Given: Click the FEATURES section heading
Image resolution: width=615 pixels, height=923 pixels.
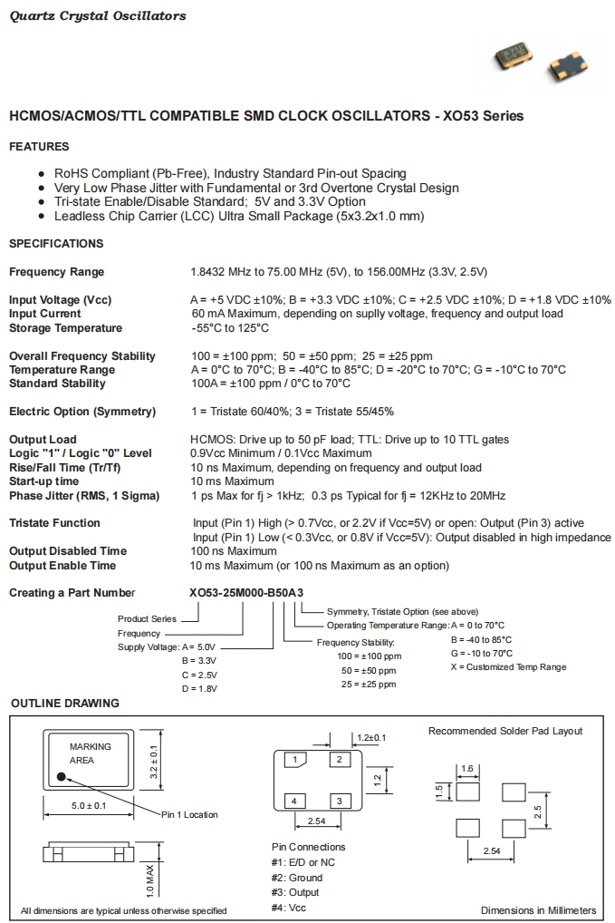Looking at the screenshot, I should (x=39, y=147).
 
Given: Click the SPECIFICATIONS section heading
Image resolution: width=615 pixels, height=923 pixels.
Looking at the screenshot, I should (x=56, y=244).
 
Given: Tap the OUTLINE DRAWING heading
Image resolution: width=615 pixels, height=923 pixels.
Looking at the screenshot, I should (x=64, y=704).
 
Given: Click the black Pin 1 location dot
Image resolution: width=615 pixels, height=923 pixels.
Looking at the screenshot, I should (x=62, y=776).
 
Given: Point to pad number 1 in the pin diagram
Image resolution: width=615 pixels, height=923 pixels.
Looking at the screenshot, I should (x=294, y=760).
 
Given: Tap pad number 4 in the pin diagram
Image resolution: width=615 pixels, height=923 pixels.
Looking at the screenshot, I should (x=294, y=801).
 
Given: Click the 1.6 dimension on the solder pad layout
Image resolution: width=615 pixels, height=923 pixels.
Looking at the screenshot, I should (x=467, y=769).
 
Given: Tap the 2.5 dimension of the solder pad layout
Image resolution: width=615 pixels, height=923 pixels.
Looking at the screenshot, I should (x=537, y=809).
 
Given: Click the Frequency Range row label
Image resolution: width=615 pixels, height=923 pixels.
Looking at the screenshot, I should (x=56, y=272).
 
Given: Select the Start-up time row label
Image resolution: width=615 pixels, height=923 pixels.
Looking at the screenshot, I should (x=43, y=481).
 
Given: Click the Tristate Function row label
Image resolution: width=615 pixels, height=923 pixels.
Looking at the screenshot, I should (x=54, y=523).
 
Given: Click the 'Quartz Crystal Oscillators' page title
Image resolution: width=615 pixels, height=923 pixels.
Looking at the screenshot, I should (x=98, y=15).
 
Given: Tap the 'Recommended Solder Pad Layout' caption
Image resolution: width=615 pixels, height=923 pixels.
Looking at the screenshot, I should (x=505, y=731).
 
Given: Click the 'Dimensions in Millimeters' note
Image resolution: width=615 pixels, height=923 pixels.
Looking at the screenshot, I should (x=538, y=910).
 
